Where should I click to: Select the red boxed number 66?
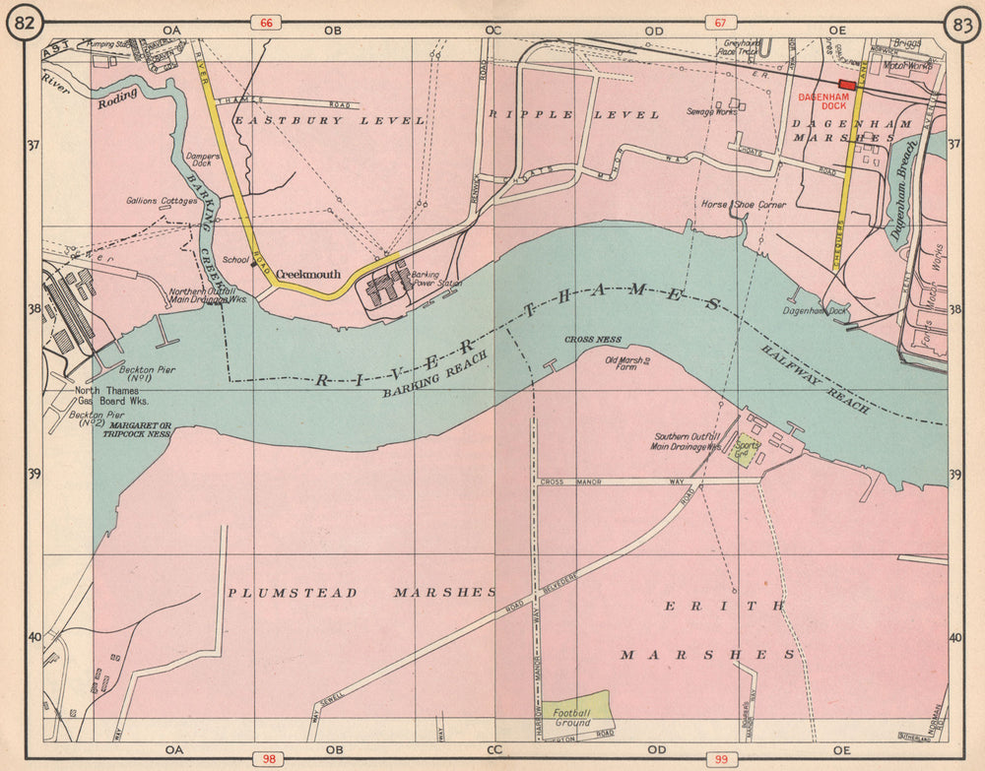[x=265, y=23]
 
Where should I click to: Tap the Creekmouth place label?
[x=307, y=275]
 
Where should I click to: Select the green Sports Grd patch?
[x=745, y=450]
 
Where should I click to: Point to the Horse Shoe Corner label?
[x=743, y=205]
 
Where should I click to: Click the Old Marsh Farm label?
[x=627, y=365]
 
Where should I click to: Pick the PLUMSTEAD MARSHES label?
[x=361, y=593]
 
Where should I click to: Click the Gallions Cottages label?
[x=162, y=201]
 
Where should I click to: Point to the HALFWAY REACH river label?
[x=815, y=375]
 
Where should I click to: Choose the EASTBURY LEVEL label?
[x=329, y=120]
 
